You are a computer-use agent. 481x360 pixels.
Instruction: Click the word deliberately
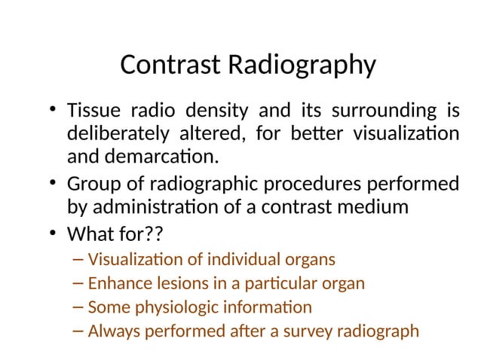point(115,136)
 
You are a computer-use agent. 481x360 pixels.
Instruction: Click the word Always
point(112,331)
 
